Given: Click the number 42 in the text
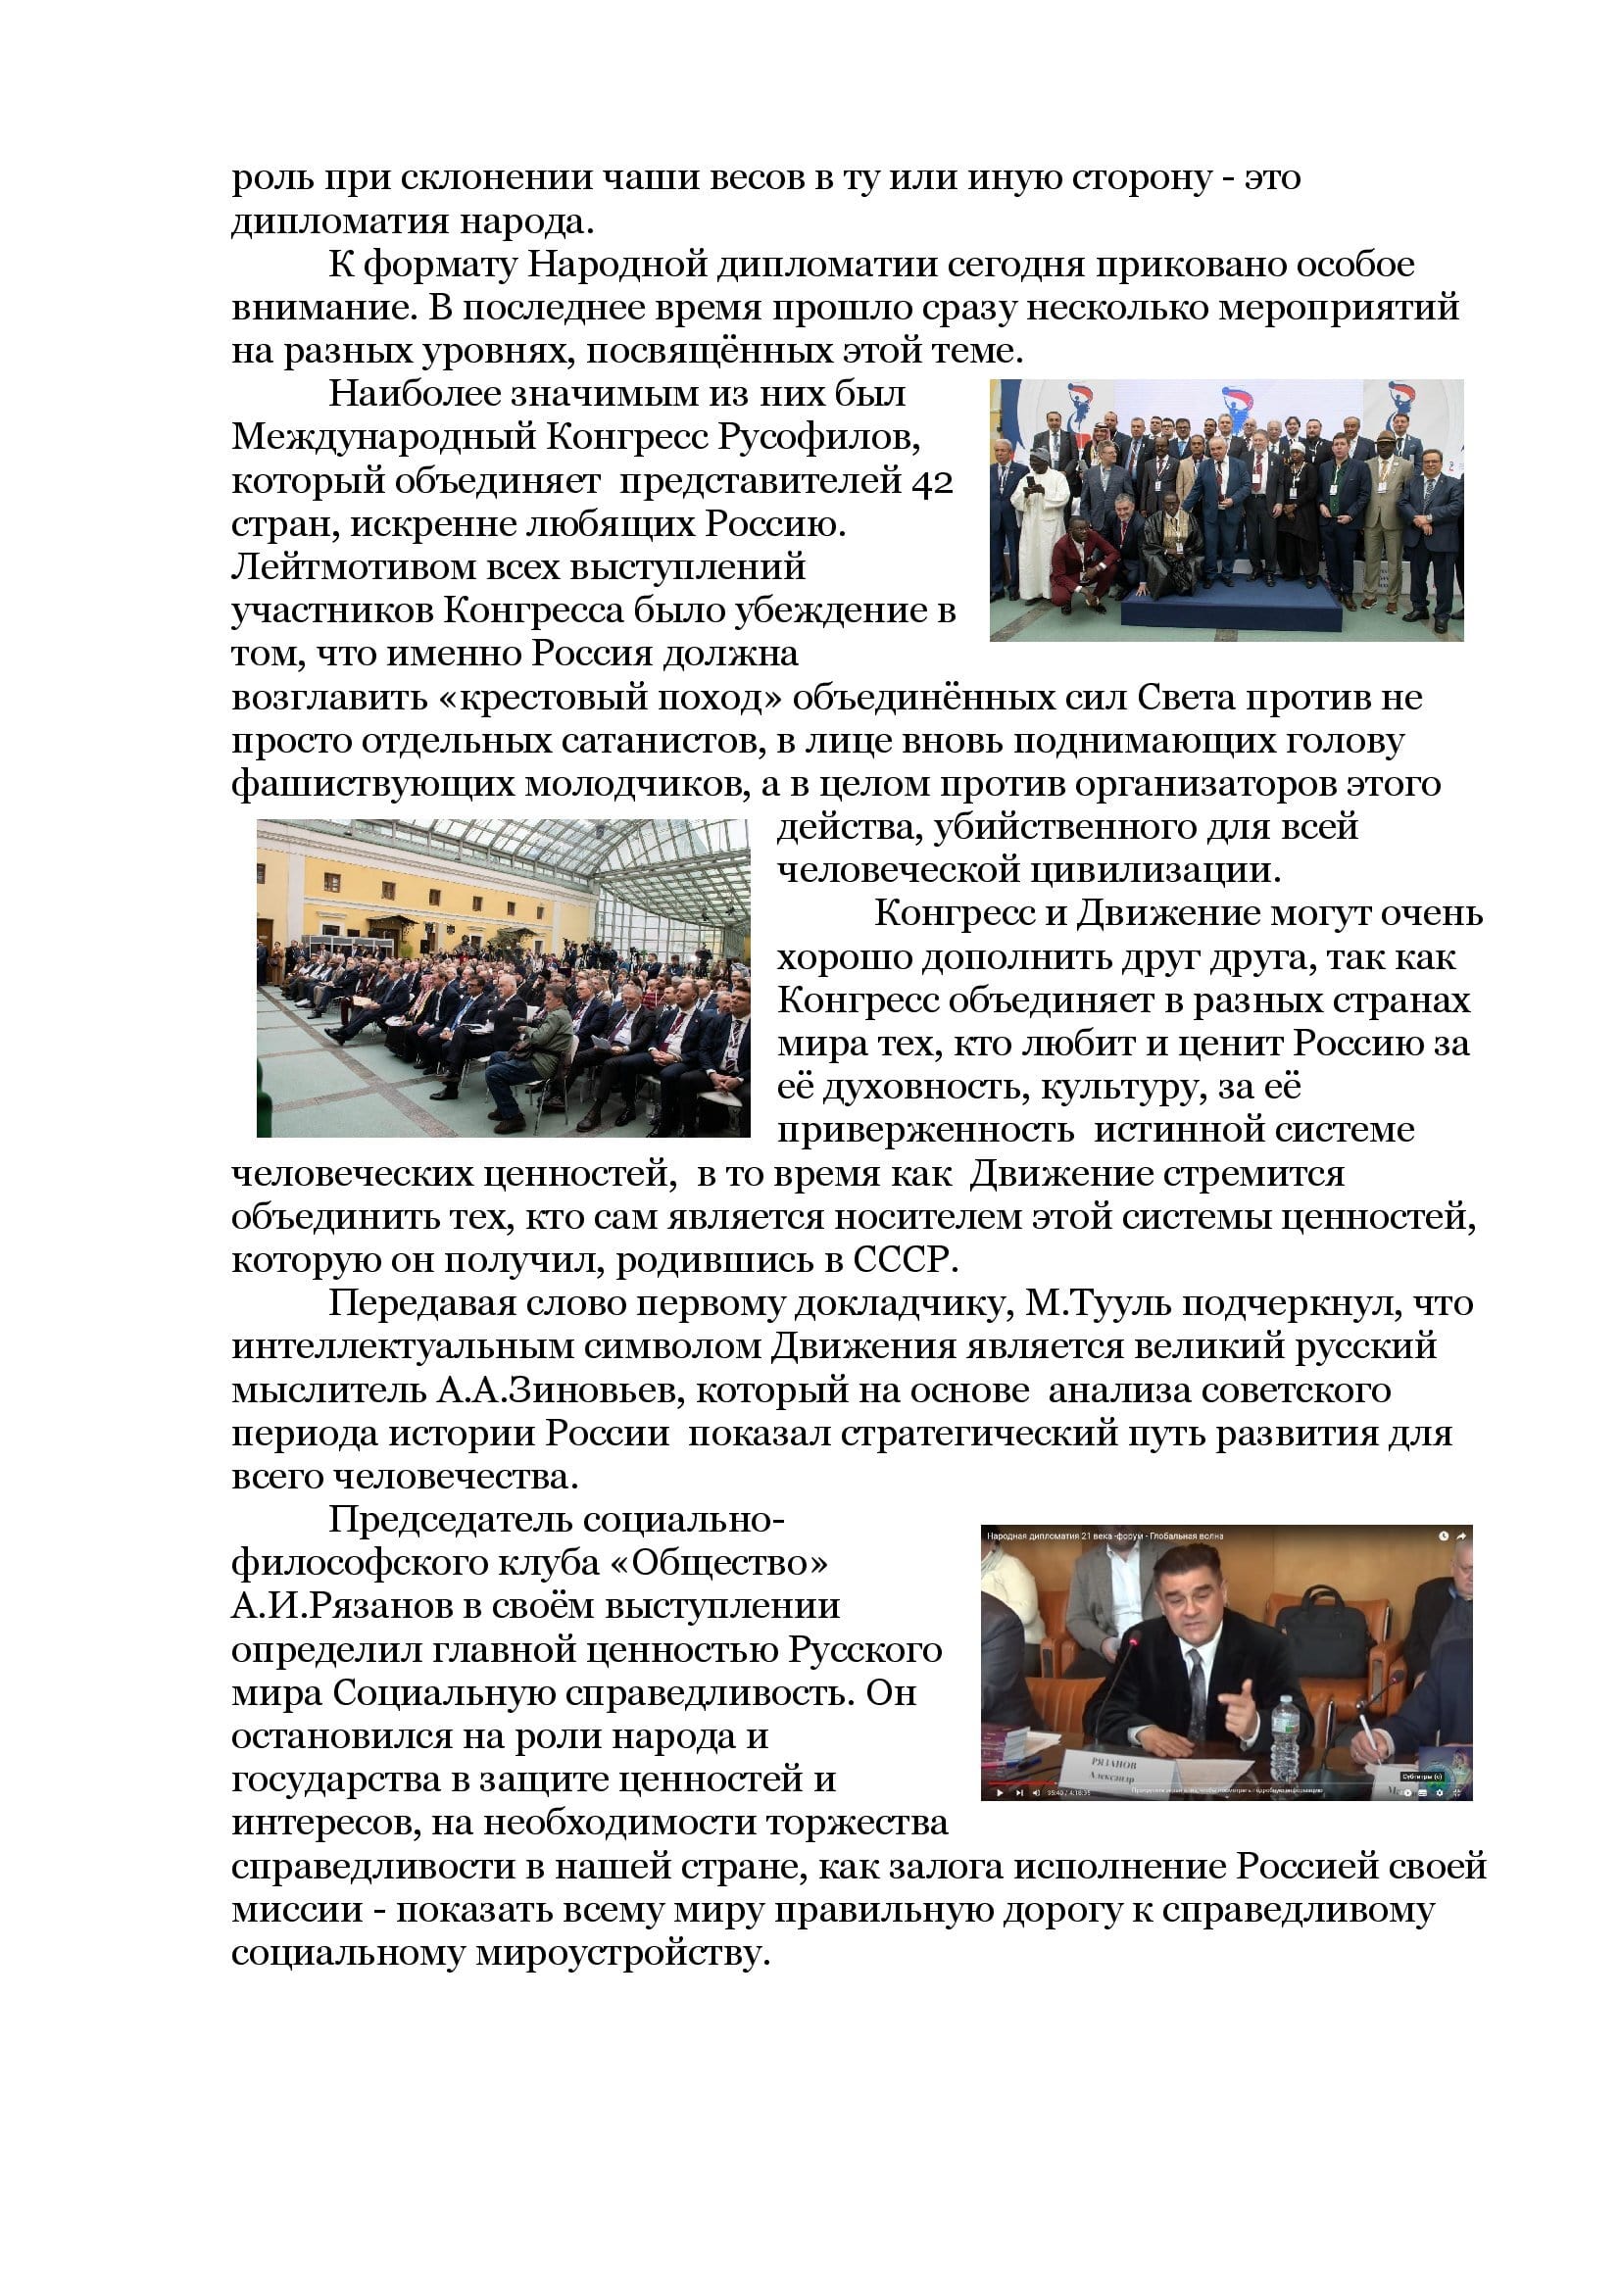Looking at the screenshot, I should point(931,481).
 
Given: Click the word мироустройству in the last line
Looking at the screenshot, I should point(624,1954).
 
